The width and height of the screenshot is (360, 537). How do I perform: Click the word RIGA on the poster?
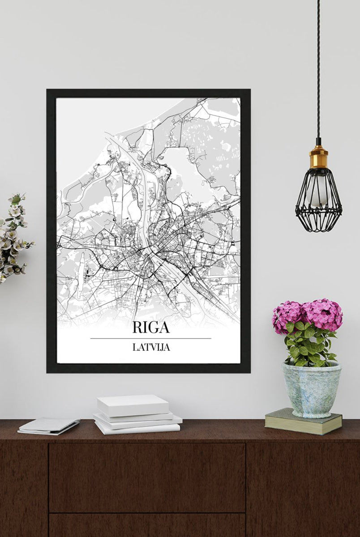151,327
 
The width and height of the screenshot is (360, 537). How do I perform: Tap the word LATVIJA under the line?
151,347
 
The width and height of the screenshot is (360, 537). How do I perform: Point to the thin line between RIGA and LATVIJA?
151,338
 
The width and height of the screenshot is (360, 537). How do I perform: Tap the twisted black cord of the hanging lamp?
318,67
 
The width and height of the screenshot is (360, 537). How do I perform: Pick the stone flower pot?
311,389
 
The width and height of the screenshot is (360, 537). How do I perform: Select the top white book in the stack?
133,405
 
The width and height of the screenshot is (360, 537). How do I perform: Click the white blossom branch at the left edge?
13,237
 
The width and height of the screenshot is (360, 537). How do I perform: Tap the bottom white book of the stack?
137,428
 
